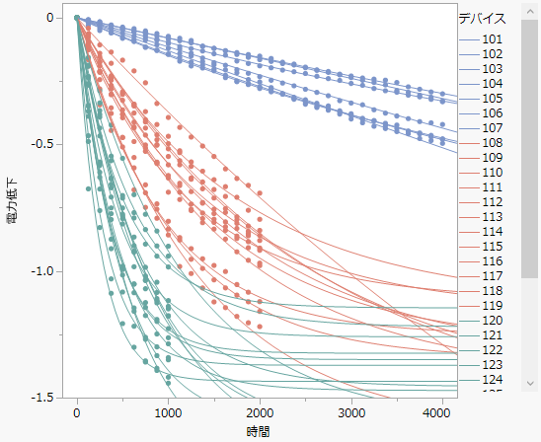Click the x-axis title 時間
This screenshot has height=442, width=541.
tap(259, 432)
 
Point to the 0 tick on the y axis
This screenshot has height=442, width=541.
tap(47, 18)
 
